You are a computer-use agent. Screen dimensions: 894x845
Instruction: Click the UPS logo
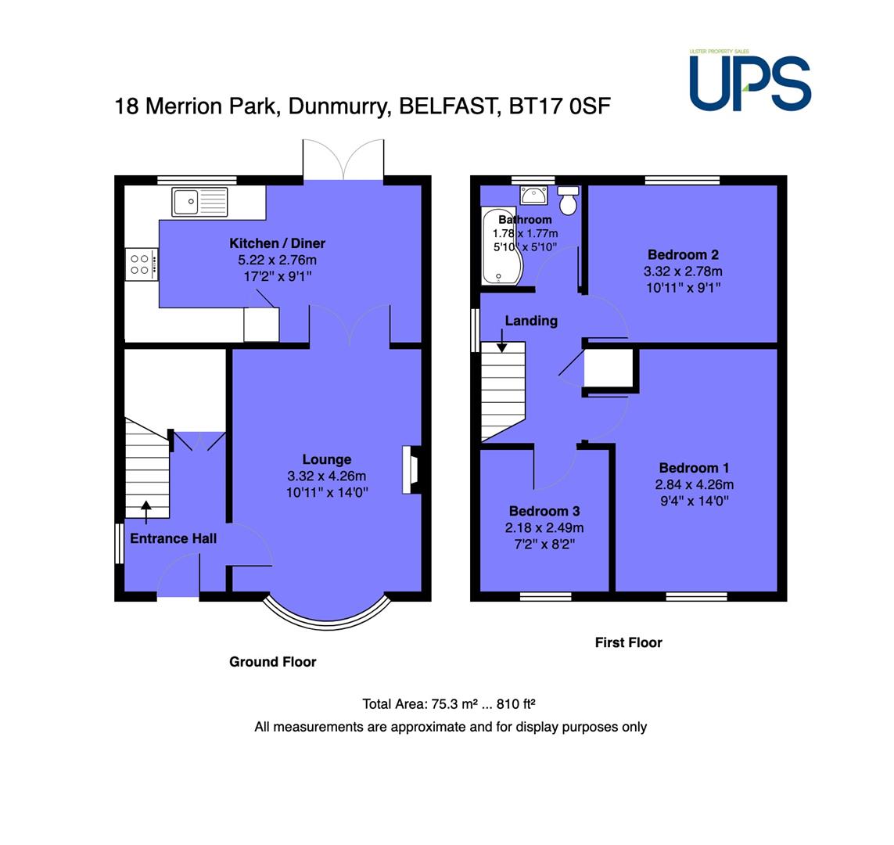[x=750, y=81]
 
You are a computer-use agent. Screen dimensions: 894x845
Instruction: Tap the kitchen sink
[x=199, y=202]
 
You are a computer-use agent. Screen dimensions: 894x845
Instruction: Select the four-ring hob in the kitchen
[x=142, y=264]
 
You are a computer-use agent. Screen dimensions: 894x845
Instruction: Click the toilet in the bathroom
[x=568, y=200]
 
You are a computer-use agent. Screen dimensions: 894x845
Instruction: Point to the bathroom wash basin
[x=533, y=195]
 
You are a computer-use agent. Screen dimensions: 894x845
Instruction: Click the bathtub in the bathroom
[x=501, y=246]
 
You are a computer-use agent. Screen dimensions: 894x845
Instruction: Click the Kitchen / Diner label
[x=277, y=243]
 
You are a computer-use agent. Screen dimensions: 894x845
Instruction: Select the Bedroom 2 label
[x=683, y=255]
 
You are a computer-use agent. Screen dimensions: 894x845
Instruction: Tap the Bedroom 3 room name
[x=544, y=511]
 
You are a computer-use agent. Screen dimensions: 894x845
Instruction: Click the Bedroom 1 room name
[x=694, y=468]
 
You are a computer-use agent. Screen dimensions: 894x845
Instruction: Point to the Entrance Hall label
[x=174, y=539]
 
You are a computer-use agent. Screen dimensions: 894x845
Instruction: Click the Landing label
[x=531, y=321]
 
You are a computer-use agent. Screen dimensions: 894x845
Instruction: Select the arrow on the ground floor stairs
[x=146, y=512]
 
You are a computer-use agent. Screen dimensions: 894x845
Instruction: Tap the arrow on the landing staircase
[x=501, y=341]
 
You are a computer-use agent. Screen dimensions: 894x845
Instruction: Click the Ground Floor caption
[x=272, y=662]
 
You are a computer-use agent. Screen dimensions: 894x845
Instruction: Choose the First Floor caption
[x=628, y=642]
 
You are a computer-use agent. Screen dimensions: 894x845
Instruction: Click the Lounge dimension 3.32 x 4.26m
[x=327, y=476]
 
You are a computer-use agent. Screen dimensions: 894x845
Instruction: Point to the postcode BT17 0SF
[x=559, y=106]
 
